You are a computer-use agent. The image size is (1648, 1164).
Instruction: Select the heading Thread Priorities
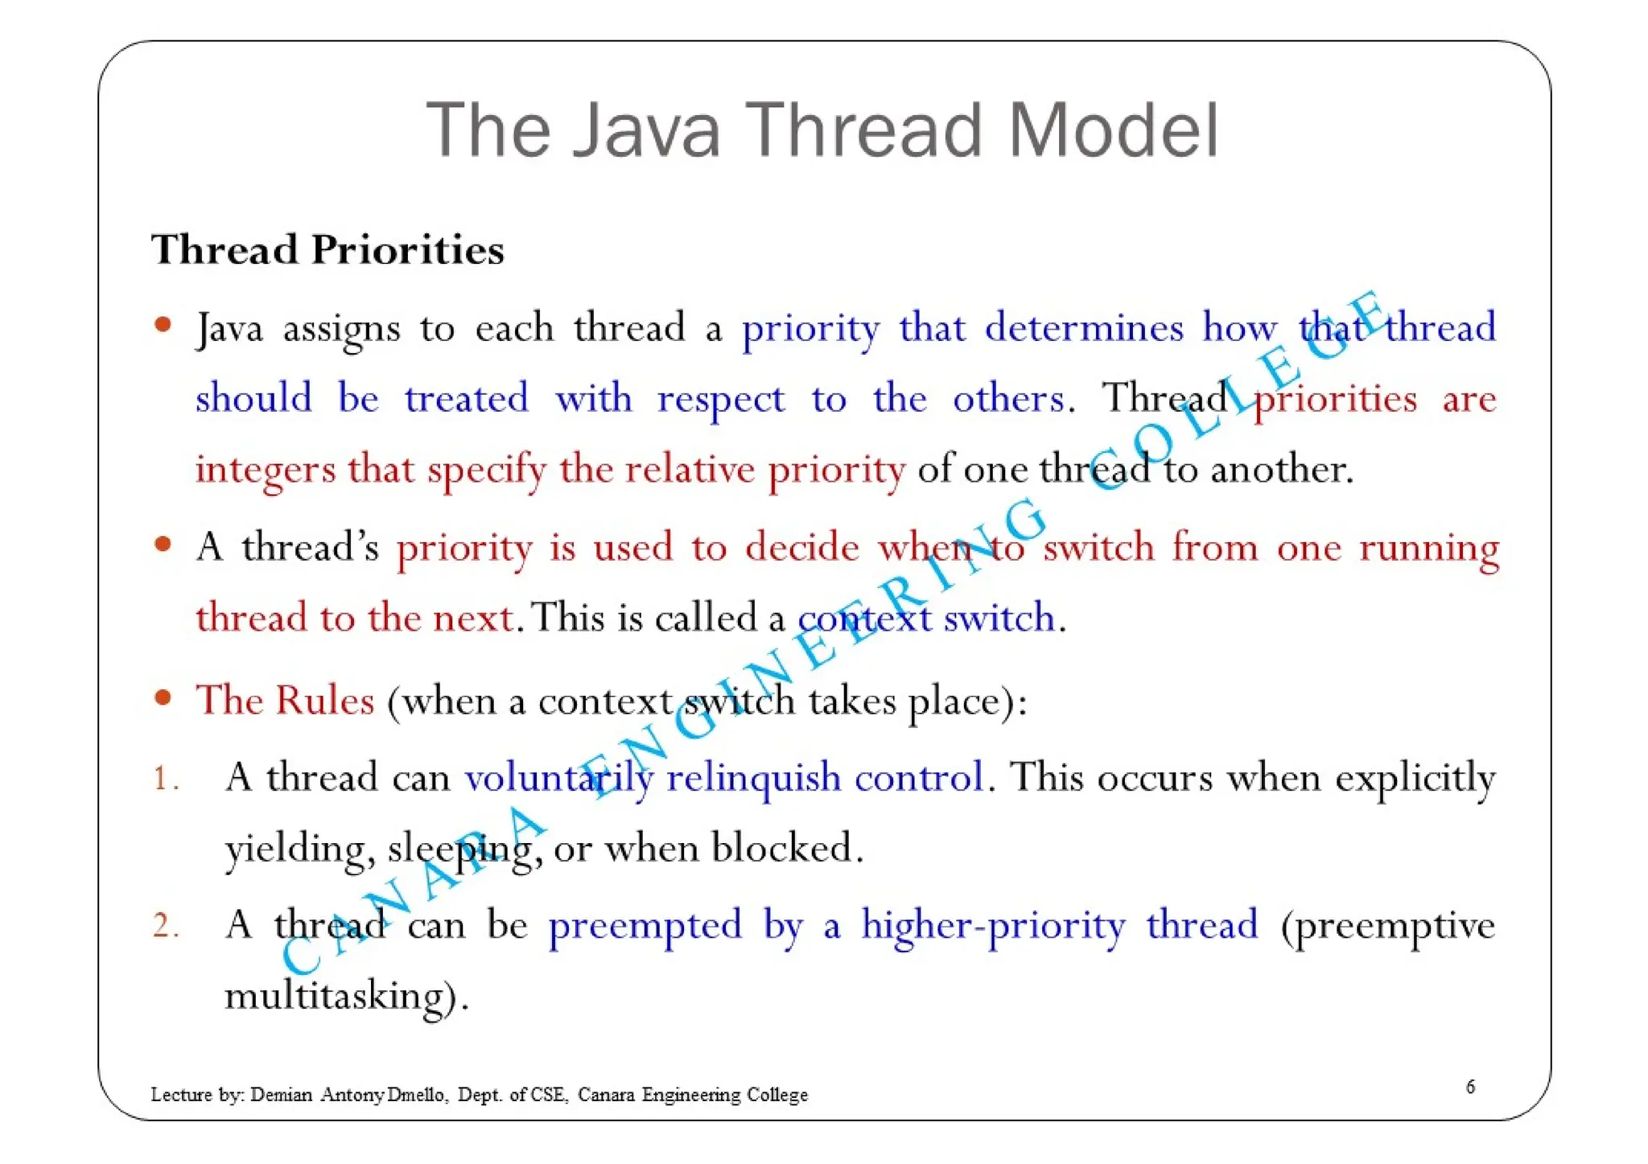pos(328,249)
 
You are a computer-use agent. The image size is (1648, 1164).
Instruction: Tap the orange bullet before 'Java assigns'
pos(163,325)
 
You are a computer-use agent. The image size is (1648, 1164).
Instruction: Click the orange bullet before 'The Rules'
pos(163,697)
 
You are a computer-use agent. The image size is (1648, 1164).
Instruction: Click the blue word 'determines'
pos(1083,328)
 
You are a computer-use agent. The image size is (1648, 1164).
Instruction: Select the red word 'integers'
pos(265,470)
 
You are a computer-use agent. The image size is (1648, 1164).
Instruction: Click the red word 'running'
pos(1429,549)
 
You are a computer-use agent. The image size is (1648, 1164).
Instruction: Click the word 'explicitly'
pos(1415,779)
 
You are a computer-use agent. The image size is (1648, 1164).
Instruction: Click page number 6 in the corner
pos(1470,1087)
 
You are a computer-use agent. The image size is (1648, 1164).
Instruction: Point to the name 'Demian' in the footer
pos(281,1095)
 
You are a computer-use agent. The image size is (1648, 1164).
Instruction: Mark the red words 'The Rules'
pos(285,700)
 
